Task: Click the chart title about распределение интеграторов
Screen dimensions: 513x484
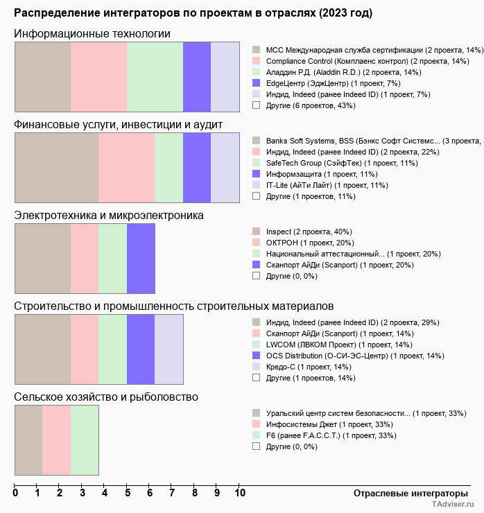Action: point(193,13)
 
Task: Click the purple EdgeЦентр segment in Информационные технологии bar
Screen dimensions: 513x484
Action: point(197,76)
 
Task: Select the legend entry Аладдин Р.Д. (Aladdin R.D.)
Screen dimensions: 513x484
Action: point(343,72)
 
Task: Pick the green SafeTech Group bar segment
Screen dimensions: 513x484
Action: point(168,167)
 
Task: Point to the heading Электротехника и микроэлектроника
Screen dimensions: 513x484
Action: point(109,216)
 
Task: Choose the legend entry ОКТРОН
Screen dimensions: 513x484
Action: point(310,243)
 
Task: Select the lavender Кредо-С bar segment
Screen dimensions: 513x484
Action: point(168,349)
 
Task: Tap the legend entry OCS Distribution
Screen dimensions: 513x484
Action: point(355,356)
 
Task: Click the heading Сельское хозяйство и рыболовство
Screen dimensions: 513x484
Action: point(106,397)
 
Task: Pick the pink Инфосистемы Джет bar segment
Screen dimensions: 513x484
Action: point(57,440)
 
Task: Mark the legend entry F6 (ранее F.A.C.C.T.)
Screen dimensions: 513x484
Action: point(331,435)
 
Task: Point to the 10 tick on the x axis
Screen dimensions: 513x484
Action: point(239,493)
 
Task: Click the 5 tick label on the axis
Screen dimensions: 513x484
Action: point(127,493)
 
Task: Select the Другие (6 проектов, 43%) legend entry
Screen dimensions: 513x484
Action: point(310,105)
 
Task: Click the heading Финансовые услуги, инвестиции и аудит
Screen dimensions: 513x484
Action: point(118,125)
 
